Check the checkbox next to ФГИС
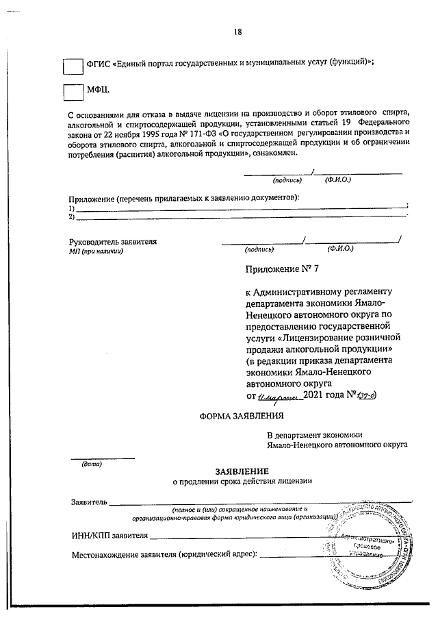point(73,65)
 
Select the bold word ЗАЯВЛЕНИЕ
point(242,471)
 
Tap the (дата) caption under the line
point(92,464)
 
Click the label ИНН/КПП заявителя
point(109,535)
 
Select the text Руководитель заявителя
point(113,241)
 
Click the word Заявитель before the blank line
point(90,502)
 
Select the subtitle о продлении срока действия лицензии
point(242,482)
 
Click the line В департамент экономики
point(315,434)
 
